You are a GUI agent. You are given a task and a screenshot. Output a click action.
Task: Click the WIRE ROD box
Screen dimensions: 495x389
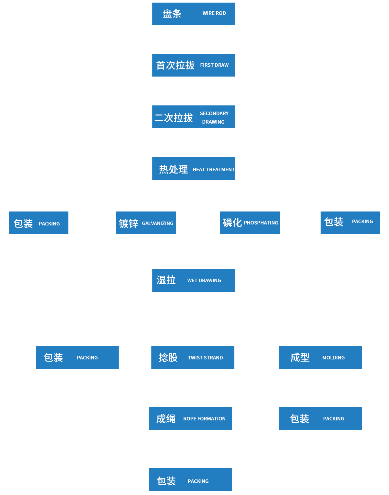[194, 14]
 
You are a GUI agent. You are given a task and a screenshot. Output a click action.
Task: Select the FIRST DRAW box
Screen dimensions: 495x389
[194, 65]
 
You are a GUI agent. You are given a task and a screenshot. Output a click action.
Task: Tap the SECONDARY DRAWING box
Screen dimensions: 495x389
[194, 116]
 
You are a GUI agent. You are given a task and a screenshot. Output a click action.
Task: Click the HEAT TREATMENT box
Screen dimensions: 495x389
[194, 169]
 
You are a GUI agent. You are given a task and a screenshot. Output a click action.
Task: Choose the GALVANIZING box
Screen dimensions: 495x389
[146, 223]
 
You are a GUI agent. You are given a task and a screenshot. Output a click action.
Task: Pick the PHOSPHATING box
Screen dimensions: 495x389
[250, 223]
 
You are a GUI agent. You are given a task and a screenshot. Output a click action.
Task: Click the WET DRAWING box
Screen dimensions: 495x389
[194, 280]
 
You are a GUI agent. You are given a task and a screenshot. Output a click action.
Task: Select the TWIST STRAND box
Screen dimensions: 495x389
[193, 357]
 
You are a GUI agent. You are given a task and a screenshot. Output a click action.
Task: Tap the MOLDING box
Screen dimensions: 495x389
[320, 357]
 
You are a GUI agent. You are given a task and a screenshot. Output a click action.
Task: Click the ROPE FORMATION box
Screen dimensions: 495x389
[190, 418]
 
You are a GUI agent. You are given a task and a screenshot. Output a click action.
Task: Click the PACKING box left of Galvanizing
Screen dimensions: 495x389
[39, 223]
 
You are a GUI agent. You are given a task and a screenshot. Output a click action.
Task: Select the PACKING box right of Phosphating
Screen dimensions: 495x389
[350, 223]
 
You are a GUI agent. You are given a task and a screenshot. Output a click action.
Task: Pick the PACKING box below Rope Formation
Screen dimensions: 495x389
[190, 479]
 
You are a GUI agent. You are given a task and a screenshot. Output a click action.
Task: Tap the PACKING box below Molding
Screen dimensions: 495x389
[320, 418]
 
